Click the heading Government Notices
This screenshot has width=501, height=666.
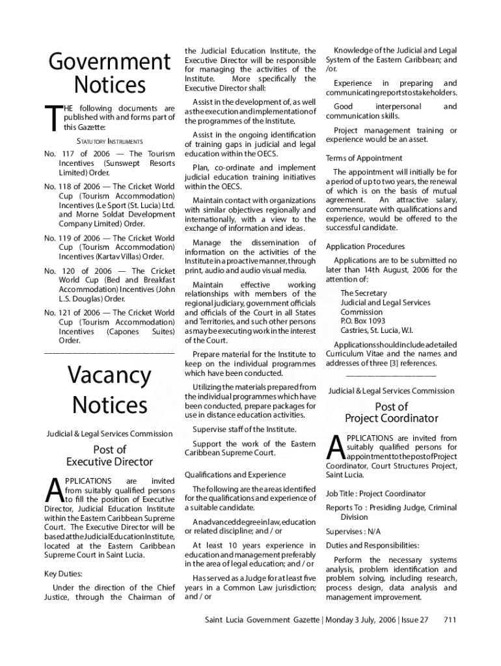tap(109, 73)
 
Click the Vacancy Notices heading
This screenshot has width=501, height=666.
tap(109, 390)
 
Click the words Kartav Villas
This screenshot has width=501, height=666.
tap(124, 257)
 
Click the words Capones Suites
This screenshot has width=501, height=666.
tap(137, 331)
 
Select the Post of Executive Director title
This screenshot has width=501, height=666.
tap(109, 455)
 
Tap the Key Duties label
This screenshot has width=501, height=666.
tap(62, 574)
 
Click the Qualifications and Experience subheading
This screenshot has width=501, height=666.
tap(235, 474)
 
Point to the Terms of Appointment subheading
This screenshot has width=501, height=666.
tap(364, 158)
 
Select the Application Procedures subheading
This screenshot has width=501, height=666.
tap(365, 246)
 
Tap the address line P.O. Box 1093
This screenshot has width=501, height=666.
tap(362, 321)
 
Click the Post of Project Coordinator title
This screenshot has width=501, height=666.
tap(392, 412)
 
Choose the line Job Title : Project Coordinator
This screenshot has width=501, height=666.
tap(375, 494)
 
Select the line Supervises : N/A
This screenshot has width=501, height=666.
tap(354, 531)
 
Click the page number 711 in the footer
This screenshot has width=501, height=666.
tap(450, 620)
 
